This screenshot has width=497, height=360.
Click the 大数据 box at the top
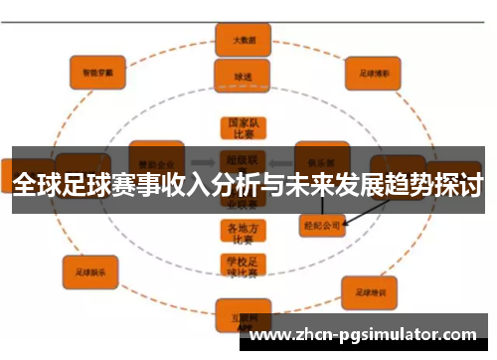coord(236,41)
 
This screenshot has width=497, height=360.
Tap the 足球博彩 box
coord(373,72)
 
